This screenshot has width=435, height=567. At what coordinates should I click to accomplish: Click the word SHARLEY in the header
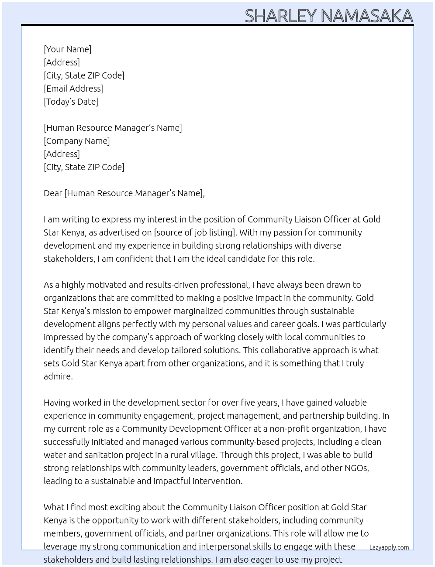[280, 16]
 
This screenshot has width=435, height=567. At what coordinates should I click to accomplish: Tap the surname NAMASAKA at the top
[366, 16]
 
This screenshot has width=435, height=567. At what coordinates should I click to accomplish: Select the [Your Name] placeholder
[67, 49]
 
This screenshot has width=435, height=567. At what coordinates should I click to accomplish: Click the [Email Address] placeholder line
[73, 89]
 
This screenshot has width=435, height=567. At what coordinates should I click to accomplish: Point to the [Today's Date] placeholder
[71, 102]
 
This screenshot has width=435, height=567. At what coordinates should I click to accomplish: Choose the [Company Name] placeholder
[76, 141]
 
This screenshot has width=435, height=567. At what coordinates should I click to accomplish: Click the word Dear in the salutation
[53, 193]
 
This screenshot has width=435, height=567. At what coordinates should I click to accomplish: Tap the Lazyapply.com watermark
[389, 547]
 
